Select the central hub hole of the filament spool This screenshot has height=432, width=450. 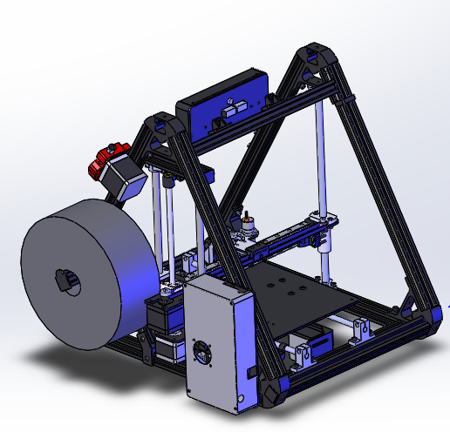pos(65,280)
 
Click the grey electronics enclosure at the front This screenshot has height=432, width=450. pos(218,340)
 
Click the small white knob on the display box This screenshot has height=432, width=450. pos(228,111)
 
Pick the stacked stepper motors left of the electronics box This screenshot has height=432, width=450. pos(166,331)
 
